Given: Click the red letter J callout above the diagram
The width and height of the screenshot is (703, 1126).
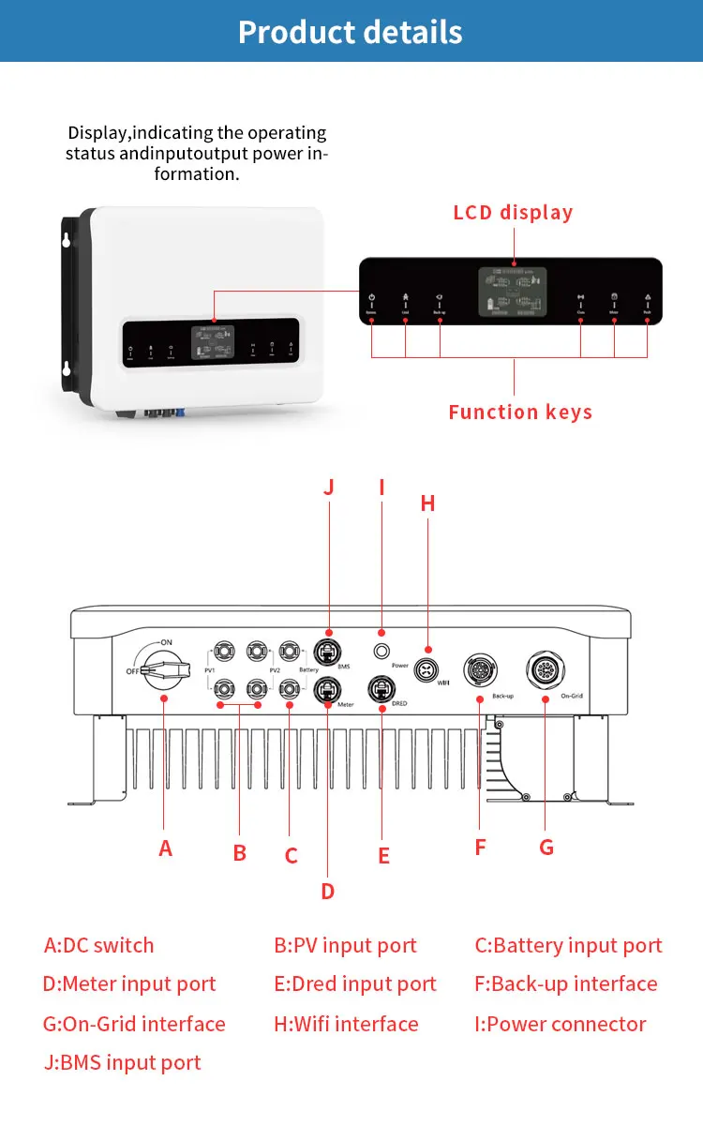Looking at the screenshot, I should (328, 488).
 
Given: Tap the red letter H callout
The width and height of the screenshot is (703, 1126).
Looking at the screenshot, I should (427, 503).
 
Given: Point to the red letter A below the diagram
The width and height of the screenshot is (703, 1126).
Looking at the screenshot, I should (166, 848).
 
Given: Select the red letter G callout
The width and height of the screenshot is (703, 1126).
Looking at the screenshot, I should (546, 847).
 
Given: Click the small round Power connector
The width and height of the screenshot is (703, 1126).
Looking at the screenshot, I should (381, 652).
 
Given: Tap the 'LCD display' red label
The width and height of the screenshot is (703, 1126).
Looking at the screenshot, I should (513, 213).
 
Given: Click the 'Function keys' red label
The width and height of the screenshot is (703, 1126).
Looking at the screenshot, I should (520, 413).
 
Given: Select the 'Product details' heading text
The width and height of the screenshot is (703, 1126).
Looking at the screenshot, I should (351, 32).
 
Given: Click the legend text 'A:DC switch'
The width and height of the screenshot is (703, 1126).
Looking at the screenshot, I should (99, 945).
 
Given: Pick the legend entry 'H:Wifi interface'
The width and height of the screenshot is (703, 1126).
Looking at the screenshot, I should (346, 1024).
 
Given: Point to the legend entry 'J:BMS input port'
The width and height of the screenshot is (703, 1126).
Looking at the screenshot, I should (122, 1063).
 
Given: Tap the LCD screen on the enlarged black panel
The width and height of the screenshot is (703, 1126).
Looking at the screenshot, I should (513, 292).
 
